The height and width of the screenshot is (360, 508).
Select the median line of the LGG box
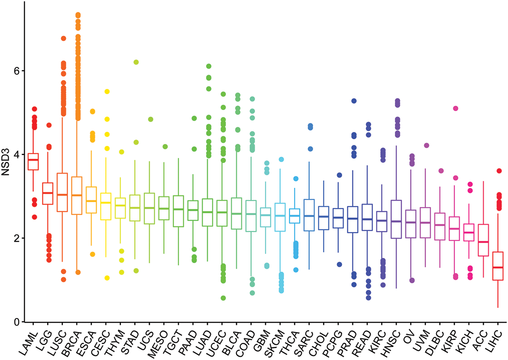click(48, 193)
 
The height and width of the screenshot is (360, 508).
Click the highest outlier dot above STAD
click(136, 62)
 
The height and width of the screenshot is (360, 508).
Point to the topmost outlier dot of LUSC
click(63, 39)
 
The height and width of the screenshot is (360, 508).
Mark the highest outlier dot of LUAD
click(209, 66)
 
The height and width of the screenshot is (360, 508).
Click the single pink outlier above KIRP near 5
click(456, 108)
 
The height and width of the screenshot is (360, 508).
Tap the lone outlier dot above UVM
click(427, 146)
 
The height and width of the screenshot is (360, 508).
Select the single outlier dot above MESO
click(165, 147)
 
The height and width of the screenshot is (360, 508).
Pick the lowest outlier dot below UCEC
click(223, 298)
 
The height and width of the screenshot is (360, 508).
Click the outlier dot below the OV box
click(412, 280)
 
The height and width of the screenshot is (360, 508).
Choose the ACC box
click(483, 240)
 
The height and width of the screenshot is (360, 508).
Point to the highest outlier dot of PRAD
click(354, 101)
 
